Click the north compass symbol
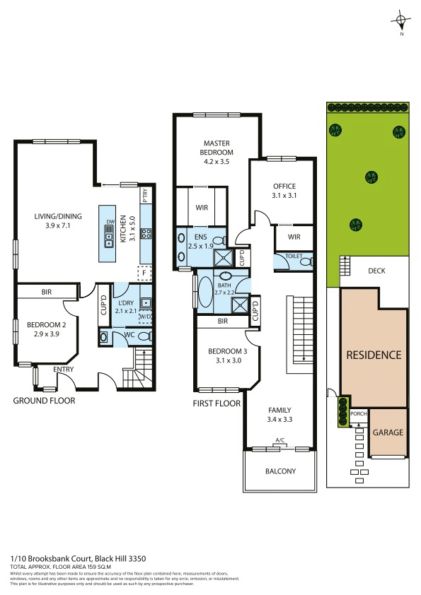tap(402, 20)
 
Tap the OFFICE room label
tap(283, 187)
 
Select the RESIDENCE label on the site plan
tap(374, 355)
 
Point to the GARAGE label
tap(388, 432)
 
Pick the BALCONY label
tap(280, 471)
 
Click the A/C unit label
tap(280, 442)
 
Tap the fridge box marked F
tap(144, 272)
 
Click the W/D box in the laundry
tap(145, 317)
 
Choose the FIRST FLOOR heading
tap(217, 403)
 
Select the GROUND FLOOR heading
tap(44, 401)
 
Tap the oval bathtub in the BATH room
tap(204, 290)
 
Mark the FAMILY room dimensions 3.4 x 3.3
tap(280, 419)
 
